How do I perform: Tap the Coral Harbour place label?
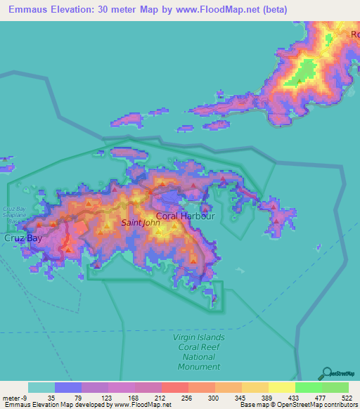tap(185, 216)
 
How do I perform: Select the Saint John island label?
tap(141, 223)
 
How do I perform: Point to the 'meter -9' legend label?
tap(15, 398)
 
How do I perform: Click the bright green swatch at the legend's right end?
tap(335, 387)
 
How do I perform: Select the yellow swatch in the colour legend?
tap(282, 387)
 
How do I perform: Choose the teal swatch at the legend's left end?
tap(41, 387)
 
